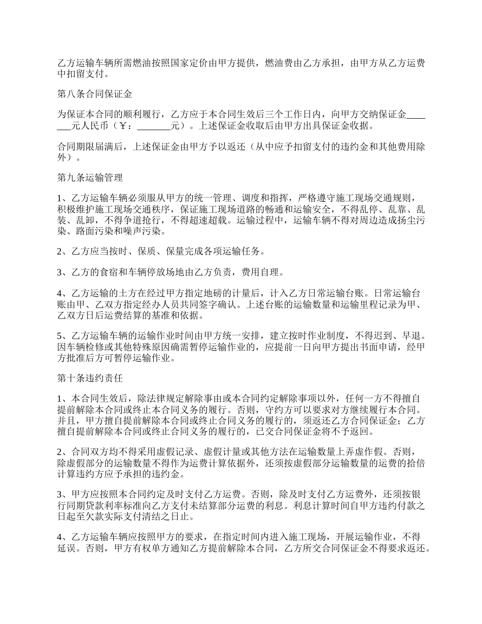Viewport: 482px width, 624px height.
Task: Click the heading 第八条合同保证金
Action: [x=90, y=94]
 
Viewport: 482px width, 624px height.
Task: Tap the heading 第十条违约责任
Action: [x=90, y=378]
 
